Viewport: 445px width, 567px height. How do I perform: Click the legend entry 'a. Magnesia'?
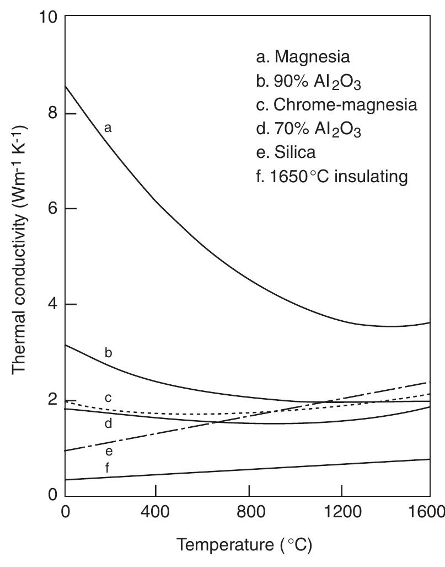[303, 57]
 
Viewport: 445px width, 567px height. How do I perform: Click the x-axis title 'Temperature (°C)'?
[244, 546]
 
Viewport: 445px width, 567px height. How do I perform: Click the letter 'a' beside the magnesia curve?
[108, 128]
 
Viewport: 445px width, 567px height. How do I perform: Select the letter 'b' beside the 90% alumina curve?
[108, 352]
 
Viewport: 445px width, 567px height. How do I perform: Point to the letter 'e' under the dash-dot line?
[108, 452]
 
